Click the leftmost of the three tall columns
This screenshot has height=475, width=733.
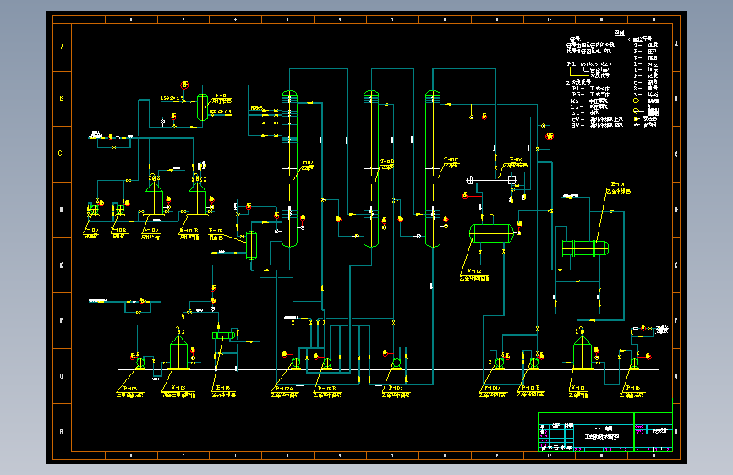[289, 169]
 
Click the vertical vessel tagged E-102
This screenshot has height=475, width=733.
[251, 244]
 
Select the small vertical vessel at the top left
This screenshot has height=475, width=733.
[203, 106]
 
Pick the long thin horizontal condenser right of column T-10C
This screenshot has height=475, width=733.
[493, 180]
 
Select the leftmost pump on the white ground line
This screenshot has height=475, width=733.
[139, 363]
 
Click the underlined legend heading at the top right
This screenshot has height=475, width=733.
[619, 34]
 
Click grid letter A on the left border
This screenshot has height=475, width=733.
[61, 46]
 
